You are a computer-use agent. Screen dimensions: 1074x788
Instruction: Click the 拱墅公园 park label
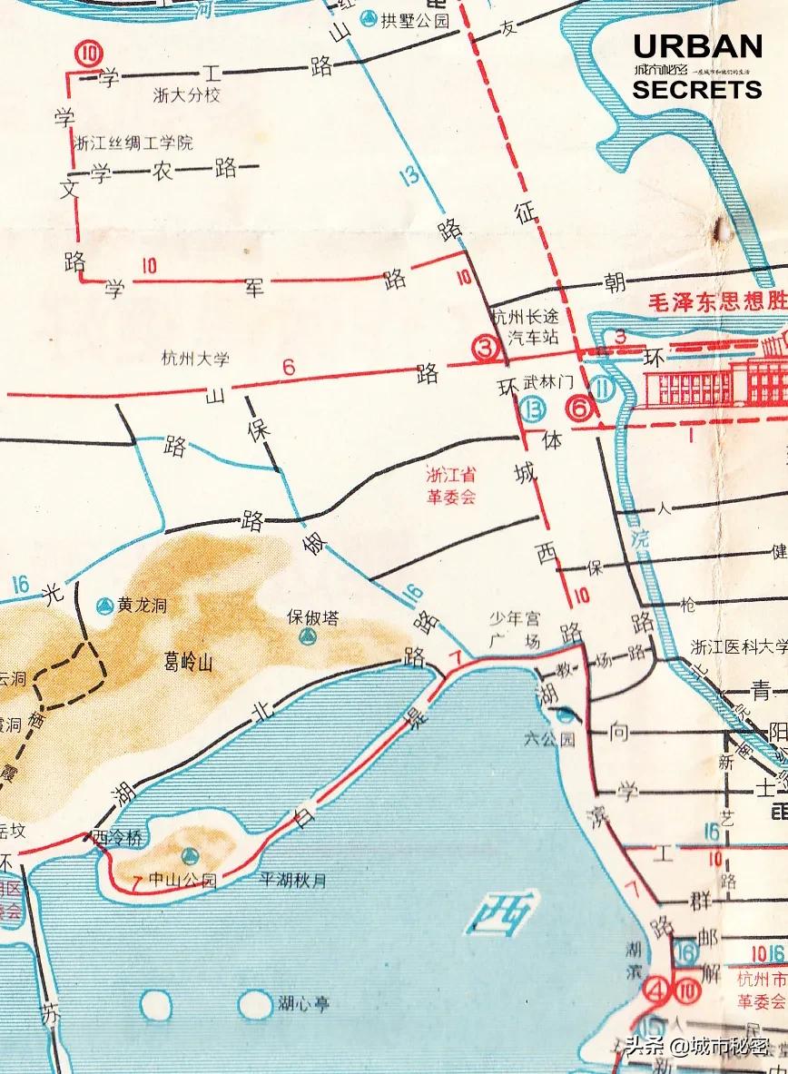tap(415, 21)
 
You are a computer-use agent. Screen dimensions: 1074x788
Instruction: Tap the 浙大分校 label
tap(186, 95)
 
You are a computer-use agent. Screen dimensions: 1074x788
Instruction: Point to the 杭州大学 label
tap(195, 359)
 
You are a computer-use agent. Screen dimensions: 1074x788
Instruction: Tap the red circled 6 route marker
tap(578, 409)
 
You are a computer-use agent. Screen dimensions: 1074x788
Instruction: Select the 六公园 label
tap(549, 739)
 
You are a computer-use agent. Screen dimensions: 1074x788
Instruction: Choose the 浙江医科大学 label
tap(738, 646)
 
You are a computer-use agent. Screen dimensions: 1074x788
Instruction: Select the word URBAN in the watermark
tap(697, 45)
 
